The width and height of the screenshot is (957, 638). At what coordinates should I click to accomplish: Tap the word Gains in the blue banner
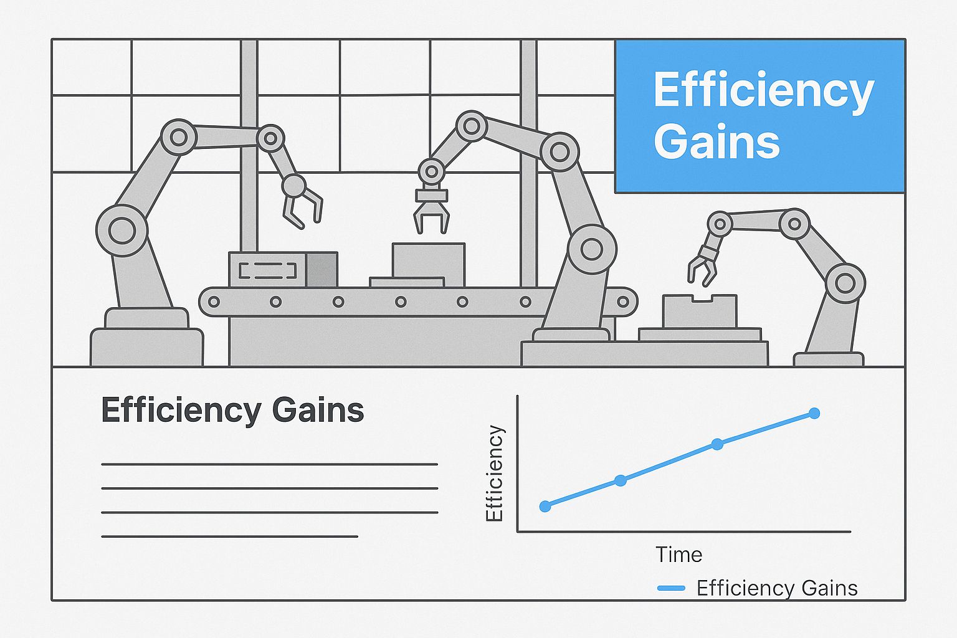coord(717,141)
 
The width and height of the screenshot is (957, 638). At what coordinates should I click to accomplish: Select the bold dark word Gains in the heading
coord(318,409)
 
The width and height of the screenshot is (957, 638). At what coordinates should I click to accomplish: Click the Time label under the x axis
coord(679,555)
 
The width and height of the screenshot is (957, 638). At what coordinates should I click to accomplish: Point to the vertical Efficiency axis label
coord(494,473)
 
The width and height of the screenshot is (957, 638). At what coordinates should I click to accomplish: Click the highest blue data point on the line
coord(814,413)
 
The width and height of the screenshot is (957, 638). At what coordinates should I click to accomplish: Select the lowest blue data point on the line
coord(545,507)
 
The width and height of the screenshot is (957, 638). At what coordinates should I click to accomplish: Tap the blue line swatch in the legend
coord(671,588)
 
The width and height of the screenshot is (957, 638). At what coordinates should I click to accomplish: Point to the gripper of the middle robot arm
coord(432,209)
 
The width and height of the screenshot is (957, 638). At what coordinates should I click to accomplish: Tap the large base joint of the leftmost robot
coord(121,231)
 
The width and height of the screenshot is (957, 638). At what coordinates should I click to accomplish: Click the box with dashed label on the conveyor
coord(283,269)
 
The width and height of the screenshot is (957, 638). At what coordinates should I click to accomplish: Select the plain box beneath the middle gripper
coord(428,265)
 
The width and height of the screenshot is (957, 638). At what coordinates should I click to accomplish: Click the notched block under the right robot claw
coord(700,311)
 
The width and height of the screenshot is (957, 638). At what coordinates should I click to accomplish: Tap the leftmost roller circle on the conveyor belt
coord(214,302)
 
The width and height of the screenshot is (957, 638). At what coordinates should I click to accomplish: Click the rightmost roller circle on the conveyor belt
coord(623,302)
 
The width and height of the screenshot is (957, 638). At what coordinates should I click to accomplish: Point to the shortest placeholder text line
coord(229,536)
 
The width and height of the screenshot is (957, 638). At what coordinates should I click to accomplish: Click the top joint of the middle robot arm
coord(472,126)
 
